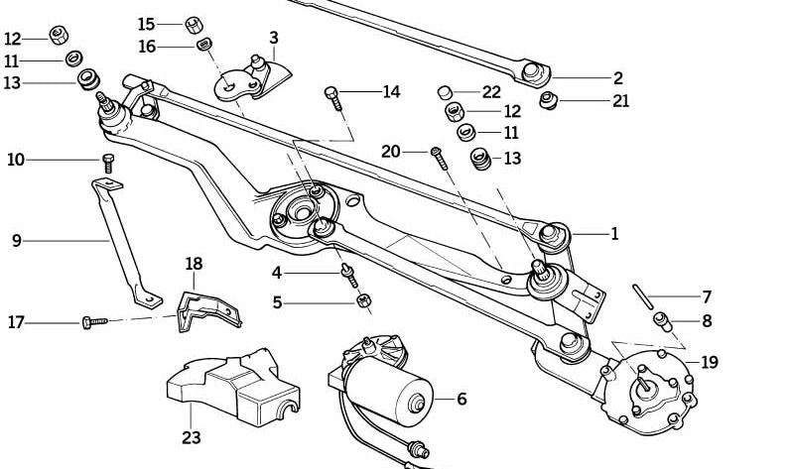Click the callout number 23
coord(191,437)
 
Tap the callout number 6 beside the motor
coord(462,400)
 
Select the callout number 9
coord(16,240)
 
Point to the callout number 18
coord(194,264)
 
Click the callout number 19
coord(708,362)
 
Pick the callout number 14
coord(391,92)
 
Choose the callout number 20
coord(390,151)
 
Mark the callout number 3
coord(273,39)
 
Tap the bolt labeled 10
coord(107,161)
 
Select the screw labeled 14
coord(333,96)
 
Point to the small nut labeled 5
coord(364,300)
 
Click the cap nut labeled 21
coord(546,100)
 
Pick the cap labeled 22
coord(446,93)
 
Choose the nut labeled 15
coord(194,22)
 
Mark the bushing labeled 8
coord(662,321)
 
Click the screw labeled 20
coord(437,155)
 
